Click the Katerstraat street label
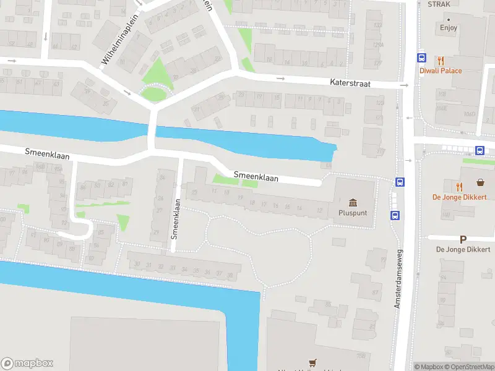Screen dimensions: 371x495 (350, 83)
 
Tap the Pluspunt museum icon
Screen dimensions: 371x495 (353, 203)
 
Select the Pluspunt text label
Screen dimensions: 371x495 (353, 213)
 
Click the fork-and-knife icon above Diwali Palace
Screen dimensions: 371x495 (441, 61)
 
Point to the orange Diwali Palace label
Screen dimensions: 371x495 (441, 71)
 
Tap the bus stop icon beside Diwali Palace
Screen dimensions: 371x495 (422, 58)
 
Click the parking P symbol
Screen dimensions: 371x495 (463, 239)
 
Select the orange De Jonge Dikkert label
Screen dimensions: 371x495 (459, 197)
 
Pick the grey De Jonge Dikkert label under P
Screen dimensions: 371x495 (463, 249)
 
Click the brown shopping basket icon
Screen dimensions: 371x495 (480, 182)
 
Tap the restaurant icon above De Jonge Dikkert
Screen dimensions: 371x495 (458, 186)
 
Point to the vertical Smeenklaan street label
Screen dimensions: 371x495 (175, 218)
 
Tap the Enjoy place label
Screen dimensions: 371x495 (449, 28)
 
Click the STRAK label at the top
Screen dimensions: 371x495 (438, 4)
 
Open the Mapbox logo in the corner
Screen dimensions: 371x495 (27, 363)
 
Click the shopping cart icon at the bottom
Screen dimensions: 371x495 (312, 364)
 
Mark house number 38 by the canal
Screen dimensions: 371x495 (230, 275)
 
